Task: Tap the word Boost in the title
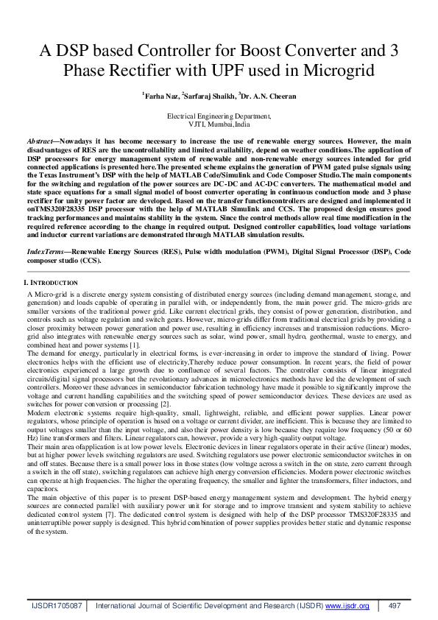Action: tap(233, 51)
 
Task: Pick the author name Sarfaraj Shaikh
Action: tap(212, 96)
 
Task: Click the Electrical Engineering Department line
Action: tap(219, 116)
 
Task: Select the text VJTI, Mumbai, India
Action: tap(219, 124)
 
